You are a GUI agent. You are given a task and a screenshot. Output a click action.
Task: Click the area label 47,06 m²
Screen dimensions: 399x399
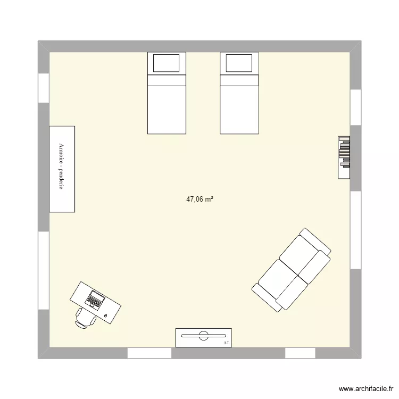[199, 199]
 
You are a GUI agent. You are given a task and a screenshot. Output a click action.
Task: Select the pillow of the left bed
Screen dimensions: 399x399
[167, 63]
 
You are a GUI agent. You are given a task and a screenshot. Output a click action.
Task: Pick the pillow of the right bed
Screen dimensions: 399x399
[239, 63]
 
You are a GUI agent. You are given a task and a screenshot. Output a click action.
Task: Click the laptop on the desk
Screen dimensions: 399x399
[95, 300]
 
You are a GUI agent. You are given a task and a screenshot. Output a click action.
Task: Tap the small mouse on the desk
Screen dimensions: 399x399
[106, 316]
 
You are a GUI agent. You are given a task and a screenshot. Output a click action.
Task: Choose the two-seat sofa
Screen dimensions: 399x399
[292, 270]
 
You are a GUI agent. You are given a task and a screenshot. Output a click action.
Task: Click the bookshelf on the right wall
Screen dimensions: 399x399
[345, 158]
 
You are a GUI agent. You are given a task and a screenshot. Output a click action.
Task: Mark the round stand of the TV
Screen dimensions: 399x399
[203, 335]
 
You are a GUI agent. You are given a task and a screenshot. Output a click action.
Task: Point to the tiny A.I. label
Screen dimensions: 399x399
[226, 343]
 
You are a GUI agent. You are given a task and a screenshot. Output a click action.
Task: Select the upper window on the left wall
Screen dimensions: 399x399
[44, 87]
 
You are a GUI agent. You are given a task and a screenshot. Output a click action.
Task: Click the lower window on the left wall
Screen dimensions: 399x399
[44, 271]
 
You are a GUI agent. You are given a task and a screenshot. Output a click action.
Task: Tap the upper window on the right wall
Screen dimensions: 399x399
[355, 109]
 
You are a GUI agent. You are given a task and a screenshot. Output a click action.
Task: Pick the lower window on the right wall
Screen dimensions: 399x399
[355, 230]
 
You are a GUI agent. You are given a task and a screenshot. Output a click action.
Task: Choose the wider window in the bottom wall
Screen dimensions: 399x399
[149, 353]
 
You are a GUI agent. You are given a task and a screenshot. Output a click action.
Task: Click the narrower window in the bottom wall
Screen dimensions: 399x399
[300, 353]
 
